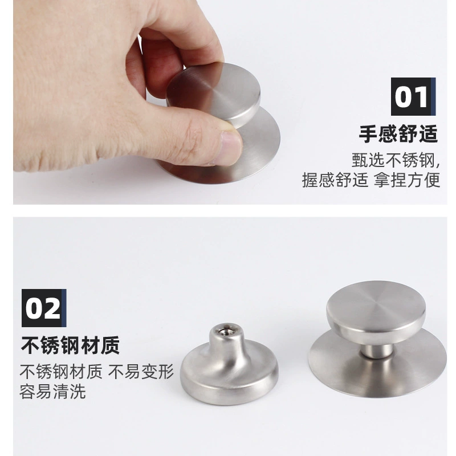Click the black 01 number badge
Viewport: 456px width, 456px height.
point(413,96)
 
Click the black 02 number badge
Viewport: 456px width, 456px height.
point(44,308)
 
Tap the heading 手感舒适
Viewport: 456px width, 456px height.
point(398,134)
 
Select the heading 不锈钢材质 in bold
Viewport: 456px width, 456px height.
point(70,345)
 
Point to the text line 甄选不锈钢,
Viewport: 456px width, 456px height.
point(396,160)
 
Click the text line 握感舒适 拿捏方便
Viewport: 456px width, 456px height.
point(371,180)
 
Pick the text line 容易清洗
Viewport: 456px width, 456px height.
point(52,392)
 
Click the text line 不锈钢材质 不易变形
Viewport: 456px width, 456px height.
point(96,372)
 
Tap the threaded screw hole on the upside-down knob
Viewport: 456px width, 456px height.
point(226,331)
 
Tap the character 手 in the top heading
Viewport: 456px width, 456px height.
point(368,134)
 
